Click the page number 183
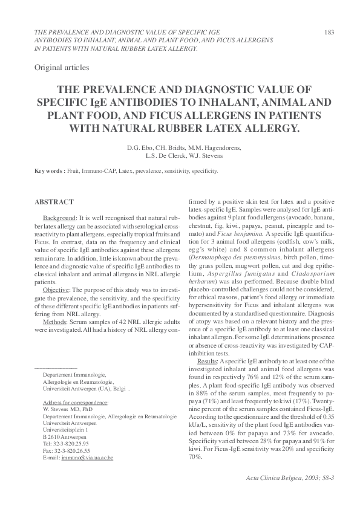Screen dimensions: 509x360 point(330,31)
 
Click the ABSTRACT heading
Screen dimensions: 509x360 point(54,201)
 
